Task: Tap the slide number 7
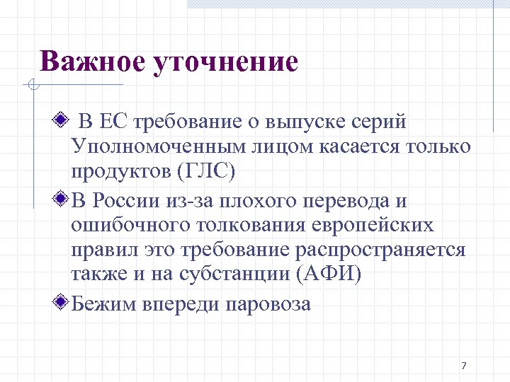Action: [x=463, y=366]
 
